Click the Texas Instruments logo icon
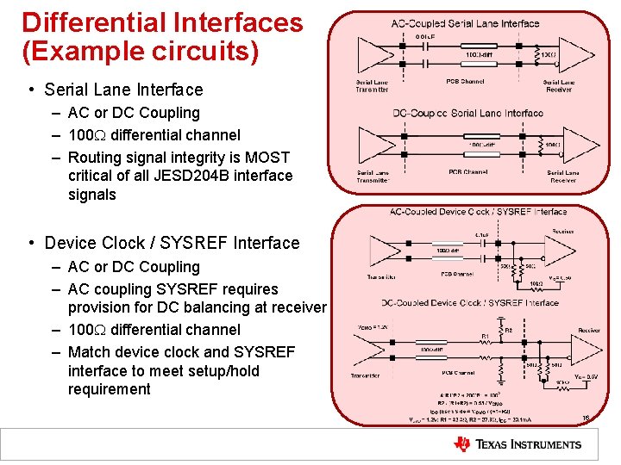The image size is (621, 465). point(462,444)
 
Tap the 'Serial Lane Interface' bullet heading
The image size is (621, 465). point(123,90)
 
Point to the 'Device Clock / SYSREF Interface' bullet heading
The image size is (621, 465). point(172,244)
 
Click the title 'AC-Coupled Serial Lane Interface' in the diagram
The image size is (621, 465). point(465,23)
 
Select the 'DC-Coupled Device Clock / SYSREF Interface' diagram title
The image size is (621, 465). point(470,302)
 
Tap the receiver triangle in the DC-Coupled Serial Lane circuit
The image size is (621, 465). point(576,145)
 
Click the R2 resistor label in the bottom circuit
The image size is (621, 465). point(506,329)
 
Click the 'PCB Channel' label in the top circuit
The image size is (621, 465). point(466,82)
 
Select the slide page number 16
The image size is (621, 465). point(586,418)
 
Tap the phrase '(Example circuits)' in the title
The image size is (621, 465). point(141,52)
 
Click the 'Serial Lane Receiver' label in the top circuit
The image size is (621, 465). point(559,85)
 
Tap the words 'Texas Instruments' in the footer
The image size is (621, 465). point(529,444)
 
